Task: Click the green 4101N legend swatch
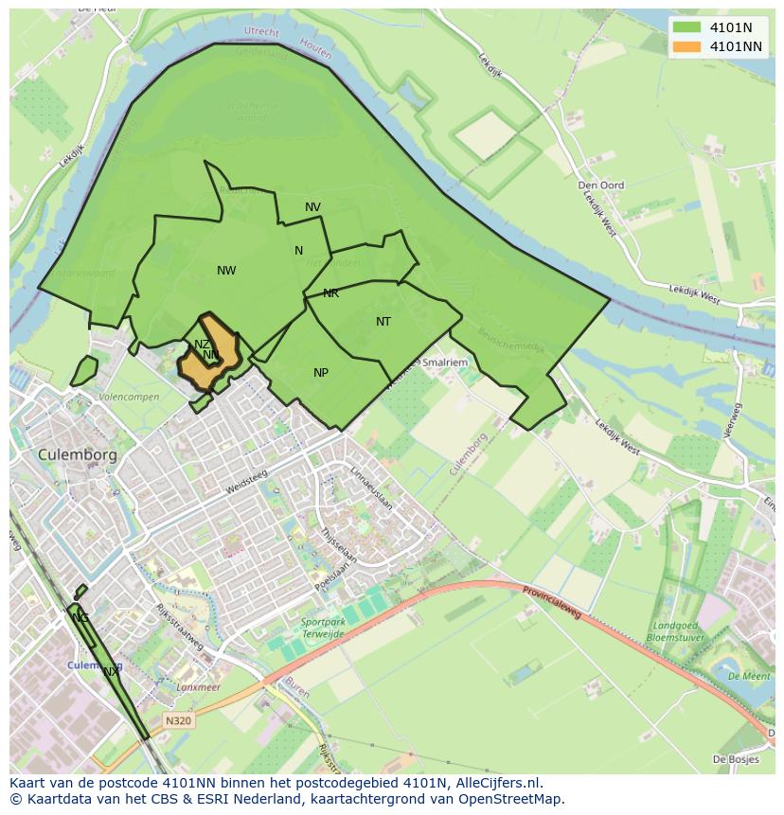[687, 27]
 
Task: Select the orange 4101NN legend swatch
[687, 46]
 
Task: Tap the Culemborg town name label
[78, 454]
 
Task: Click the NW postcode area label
[226, 271]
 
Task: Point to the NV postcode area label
[312, 207]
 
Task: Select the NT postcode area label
[383, 322]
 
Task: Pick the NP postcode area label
[321, 373]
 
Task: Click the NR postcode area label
[330, 293]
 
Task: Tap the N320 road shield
[178, 720]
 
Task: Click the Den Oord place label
[600, 185]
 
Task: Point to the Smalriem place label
[445, 362]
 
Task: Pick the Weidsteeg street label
[247, 483]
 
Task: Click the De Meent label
[748, 677]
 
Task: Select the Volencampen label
[129, 397]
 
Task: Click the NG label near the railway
[80, 618]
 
